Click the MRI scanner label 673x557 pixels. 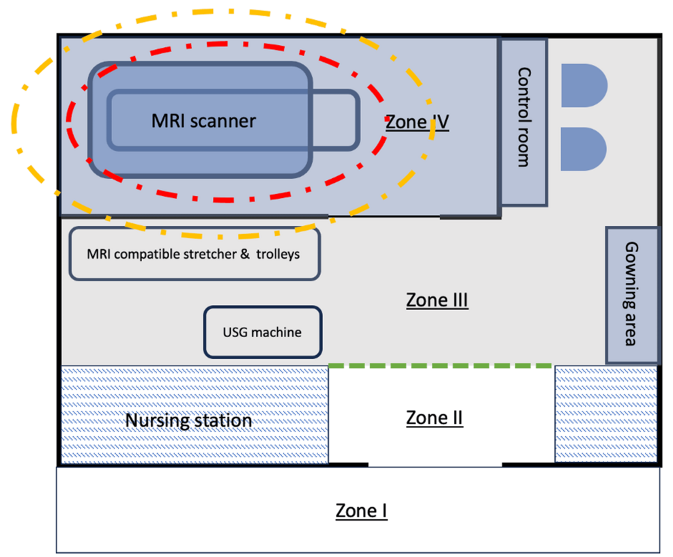pos(203,121)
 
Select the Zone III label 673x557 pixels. pos(437,300)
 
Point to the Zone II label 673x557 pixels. pos(435,417)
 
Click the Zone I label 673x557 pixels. pos(361,510)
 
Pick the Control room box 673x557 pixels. pos(524,122)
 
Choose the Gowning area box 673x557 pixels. pos(632,295)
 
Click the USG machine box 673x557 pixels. pos(263,332)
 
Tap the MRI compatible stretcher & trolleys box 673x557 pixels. pos(195,253)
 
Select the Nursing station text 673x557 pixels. pos(188,420)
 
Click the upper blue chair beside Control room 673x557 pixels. pos(583,86)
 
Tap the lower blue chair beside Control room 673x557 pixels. pos(583,149)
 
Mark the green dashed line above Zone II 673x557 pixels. pos(440,366)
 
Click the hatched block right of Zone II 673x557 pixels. pos(606,414)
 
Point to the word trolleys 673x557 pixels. pos(277,254)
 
